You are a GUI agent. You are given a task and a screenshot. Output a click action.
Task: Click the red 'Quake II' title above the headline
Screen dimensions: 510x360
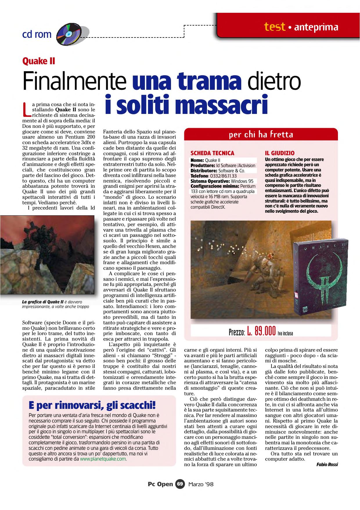(39, 61)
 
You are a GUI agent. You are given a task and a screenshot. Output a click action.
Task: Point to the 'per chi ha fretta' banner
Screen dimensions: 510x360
(261, 135)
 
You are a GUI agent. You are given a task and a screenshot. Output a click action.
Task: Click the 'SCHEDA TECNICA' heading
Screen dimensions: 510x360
(212, 153)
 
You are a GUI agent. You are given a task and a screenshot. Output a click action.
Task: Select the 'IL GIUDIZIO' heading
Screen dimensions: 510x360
(280, 153)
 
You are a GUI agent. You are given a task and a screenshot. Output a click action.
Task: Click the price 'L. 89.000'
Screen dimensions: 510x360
(261, 331)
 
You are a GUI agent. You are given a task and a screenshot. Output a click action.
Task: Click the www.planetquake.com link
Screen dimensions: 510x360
(103, 459)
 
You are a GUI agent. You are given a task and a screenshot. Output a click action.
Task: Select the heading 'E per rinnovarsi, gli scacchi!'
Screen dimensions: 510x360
(92, 405)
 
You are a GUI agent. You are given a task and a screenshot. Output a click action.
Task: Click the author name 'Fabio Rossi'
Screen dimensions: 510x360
(327, 464)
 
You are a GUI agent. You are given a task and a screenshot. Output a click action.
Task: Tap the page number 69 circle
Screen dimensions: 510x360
(180, 484)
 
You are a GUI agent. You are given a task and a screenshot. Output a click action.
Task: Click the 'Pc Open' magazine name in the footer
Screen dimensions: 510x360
(160, 484)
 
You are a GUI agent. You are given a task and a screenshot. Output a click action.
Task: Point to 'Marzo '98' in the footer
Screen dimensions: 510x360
(201, 484)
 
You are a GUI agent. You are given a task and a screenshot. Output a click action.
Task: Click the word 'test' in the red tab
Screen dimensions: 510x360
(274, 27)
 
